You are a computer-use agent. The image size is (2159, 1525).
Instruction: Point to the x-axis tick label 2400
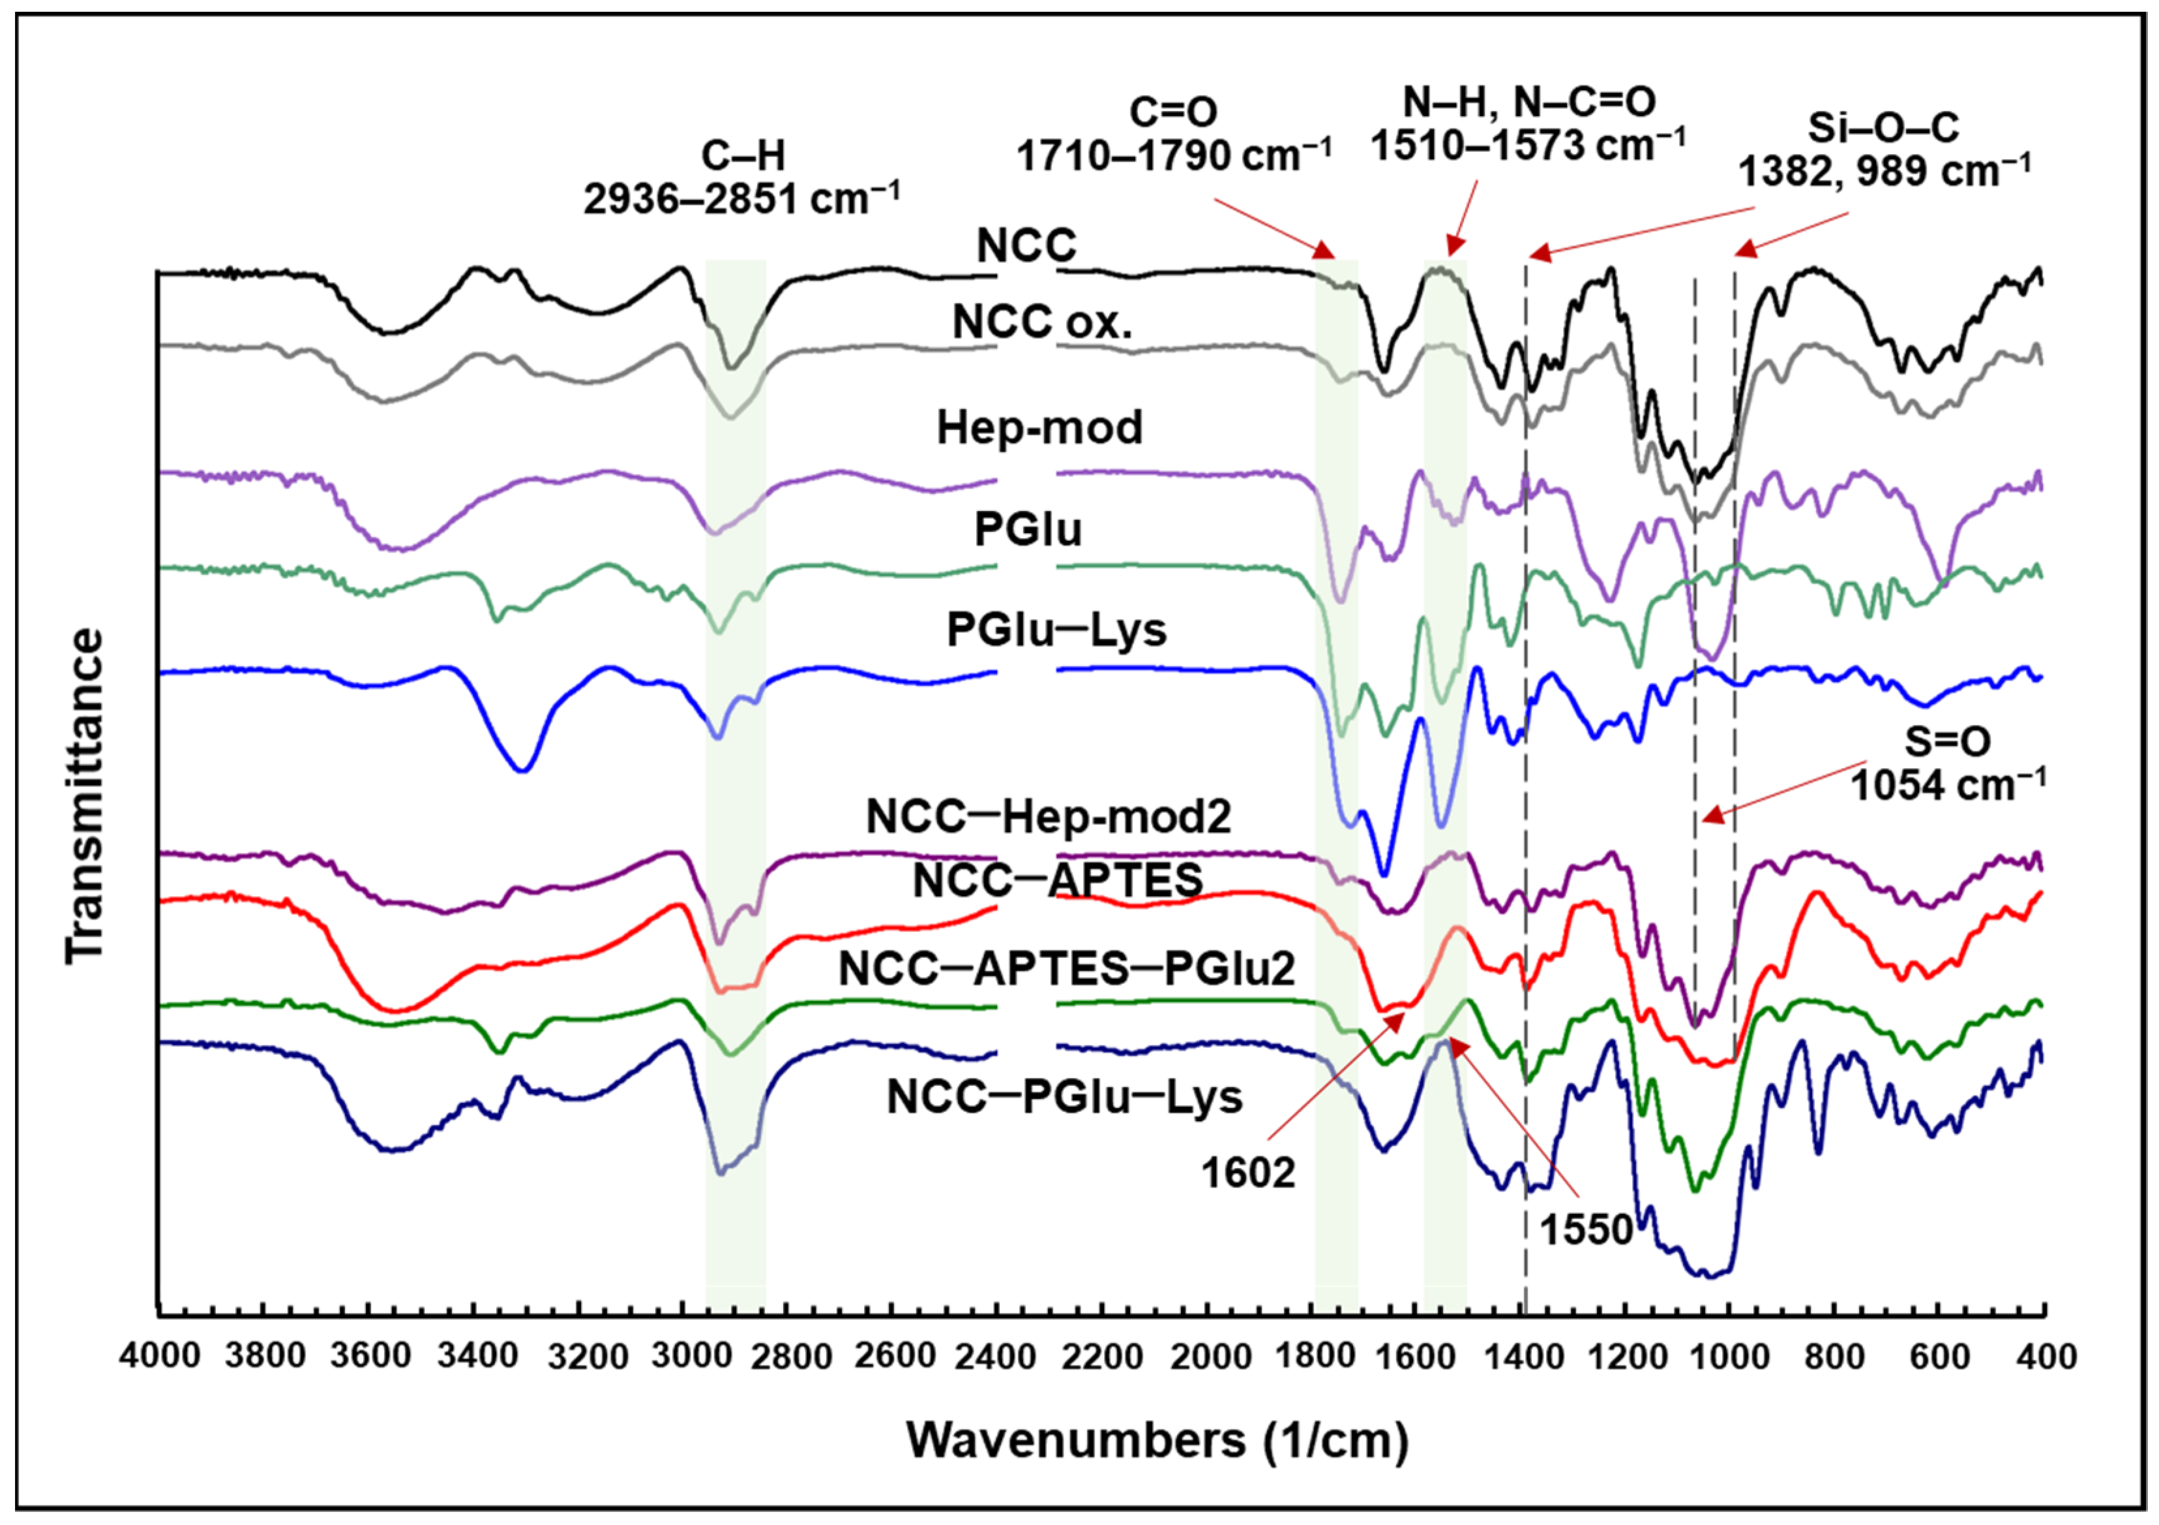click(998, 1357)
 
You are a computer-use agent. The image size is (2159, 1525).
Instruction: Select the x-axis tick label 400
click(2046, 1357)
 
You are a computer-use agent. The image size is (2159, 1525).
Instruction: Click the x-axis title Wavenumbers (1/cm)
click(1157, 1440)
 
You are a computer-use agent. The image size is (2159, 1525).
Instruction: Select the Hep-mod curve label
click(1039, 427)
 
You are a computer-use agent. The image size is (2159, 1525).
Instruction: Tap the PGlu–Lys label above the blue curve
click(1056, 629)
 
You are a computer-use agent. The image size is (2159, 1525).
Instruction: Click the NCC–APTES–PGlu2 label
click(1066, 969)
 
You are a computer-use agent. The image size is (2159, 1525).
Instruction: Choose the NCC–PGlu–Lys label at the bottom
click(1064, 1097)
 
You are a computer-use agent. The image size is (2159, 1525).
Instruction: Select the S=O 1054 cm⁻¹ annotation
click(1948, 763)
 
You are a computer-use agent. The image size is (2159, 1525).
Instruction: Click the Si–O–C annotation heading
click(1883, 128)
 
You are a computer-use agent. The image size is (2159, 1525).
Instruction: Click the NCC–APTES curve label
click(1058, 880)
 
